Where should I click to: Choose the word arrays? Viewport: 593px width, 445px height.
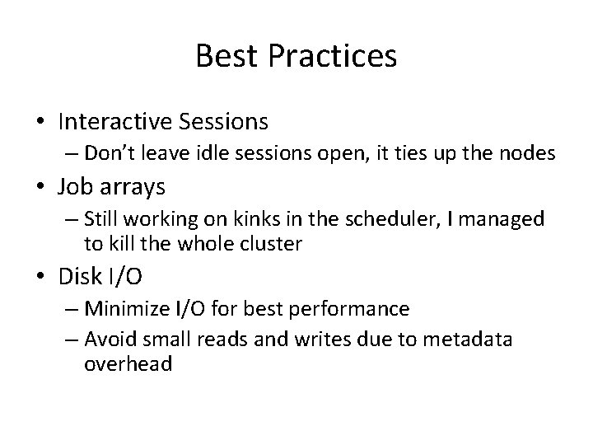132,188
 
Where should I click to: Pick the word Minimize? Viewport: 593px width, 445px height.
125,309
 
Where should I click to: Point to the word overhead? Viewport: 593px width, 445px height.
128,363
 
